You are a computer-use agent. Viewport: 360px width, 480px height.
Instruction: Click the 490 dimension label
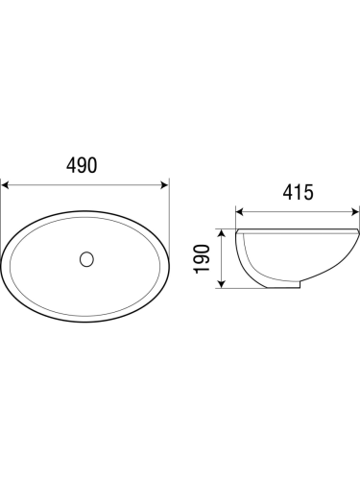[x=82, y=165]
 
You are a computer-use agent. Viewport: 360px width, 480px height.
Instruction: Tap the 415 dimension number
[x=299, y=192]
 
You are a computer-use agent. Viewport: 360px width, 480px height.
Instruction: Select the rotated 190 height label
[x=202, y=259]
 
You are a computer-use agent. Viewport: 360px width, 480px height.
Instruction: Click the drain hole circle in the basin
[x=86, y=259]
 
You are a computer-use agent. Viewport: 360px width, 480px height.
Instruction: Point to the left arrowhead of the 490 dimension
[x=5, y=185]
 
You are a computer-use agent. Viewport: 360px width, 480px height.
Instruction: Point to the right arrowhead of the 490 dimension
[x=164, y=185]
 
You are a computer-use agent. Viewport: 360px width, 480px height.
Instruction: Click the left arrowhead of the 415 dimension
[x=240, y=212]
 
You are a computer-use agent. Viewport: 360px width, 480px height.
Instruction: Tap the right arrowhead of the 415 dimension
[x=355, y=212]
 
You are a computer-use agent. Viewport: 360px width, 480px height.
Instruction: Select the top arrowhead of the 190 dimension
[x=222, y=233]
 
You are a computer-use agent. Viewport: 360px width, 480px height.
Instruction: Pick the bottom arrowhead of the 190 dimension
[x=222, y=283]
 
